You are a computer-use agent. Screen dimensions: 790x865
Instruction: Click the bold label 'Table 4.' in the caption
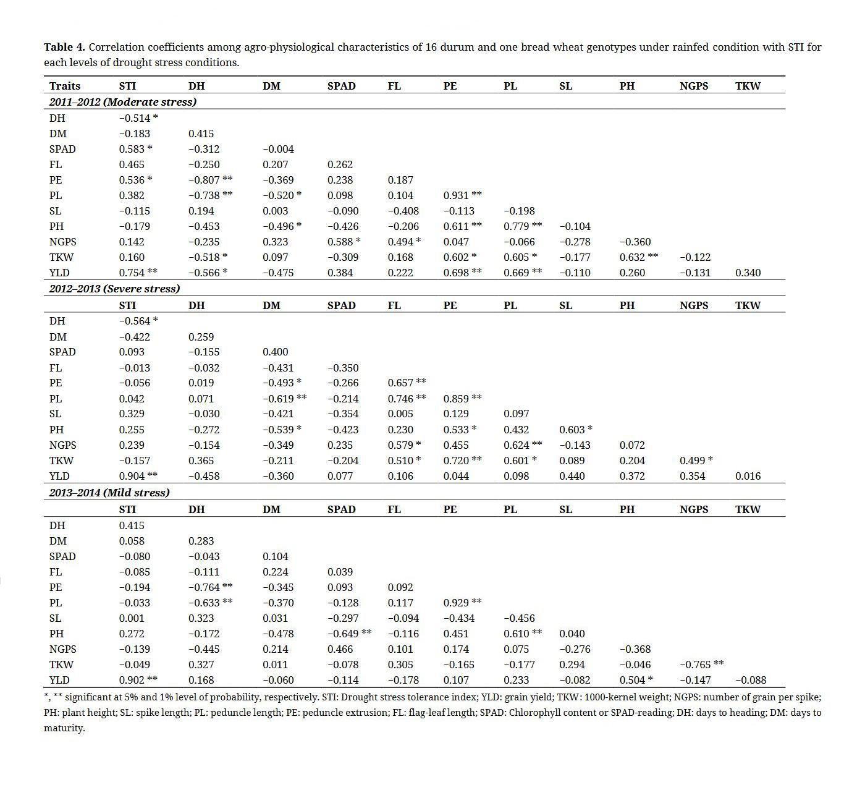[x=64, y=47]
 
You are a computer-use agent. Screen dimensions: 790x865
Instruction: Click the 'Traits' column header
[x=65, y=86]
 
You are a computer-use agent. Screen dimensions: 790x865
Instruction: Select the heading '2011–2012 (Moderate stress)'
[x=122, y=101]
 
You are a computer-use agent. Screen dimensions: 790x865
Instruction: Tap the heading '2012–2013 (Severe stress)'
[x=114, y=289]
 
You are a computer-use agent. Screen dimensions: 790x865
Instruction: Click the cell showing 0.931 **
[x=462, y=195]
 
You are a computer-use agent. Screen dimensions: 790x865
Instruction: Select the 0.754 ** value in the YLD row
[x=138, y=273]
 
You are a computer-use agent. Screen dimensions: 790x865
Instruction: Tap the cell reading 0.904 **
[x=138, y=476]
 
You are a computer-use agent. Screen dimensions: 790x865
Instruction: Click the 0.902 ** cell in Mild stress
[x=138, y=680]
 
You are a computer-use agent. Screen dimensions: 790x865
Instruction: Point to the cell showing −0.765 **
[x=701, y=665]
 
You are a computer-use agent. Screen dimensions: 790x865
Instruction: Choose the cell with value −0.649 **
[x=349, y=634]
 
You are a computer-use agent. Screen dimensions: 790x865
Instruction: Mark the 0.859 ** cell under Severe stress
[x=462, y=399]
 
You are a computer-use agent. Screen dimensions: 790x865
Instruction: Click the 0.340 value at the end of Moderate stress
[x=748, y=273]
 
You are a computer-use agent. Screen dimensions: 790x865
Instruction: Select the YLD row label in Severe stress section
[x=59, y=476]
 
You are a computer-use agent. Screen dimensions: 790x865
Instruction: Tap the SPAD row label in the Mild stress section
[x=62, y=556]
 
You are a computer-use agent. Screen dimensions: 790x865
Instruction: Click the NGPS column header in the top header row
[x=694, y=86]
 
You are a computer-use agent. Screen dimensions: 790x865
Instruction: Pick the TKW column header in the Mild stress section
[x=748, y=509]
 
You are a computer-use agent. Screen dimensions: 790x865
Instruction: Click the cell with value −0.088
[x=751, y=680]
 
